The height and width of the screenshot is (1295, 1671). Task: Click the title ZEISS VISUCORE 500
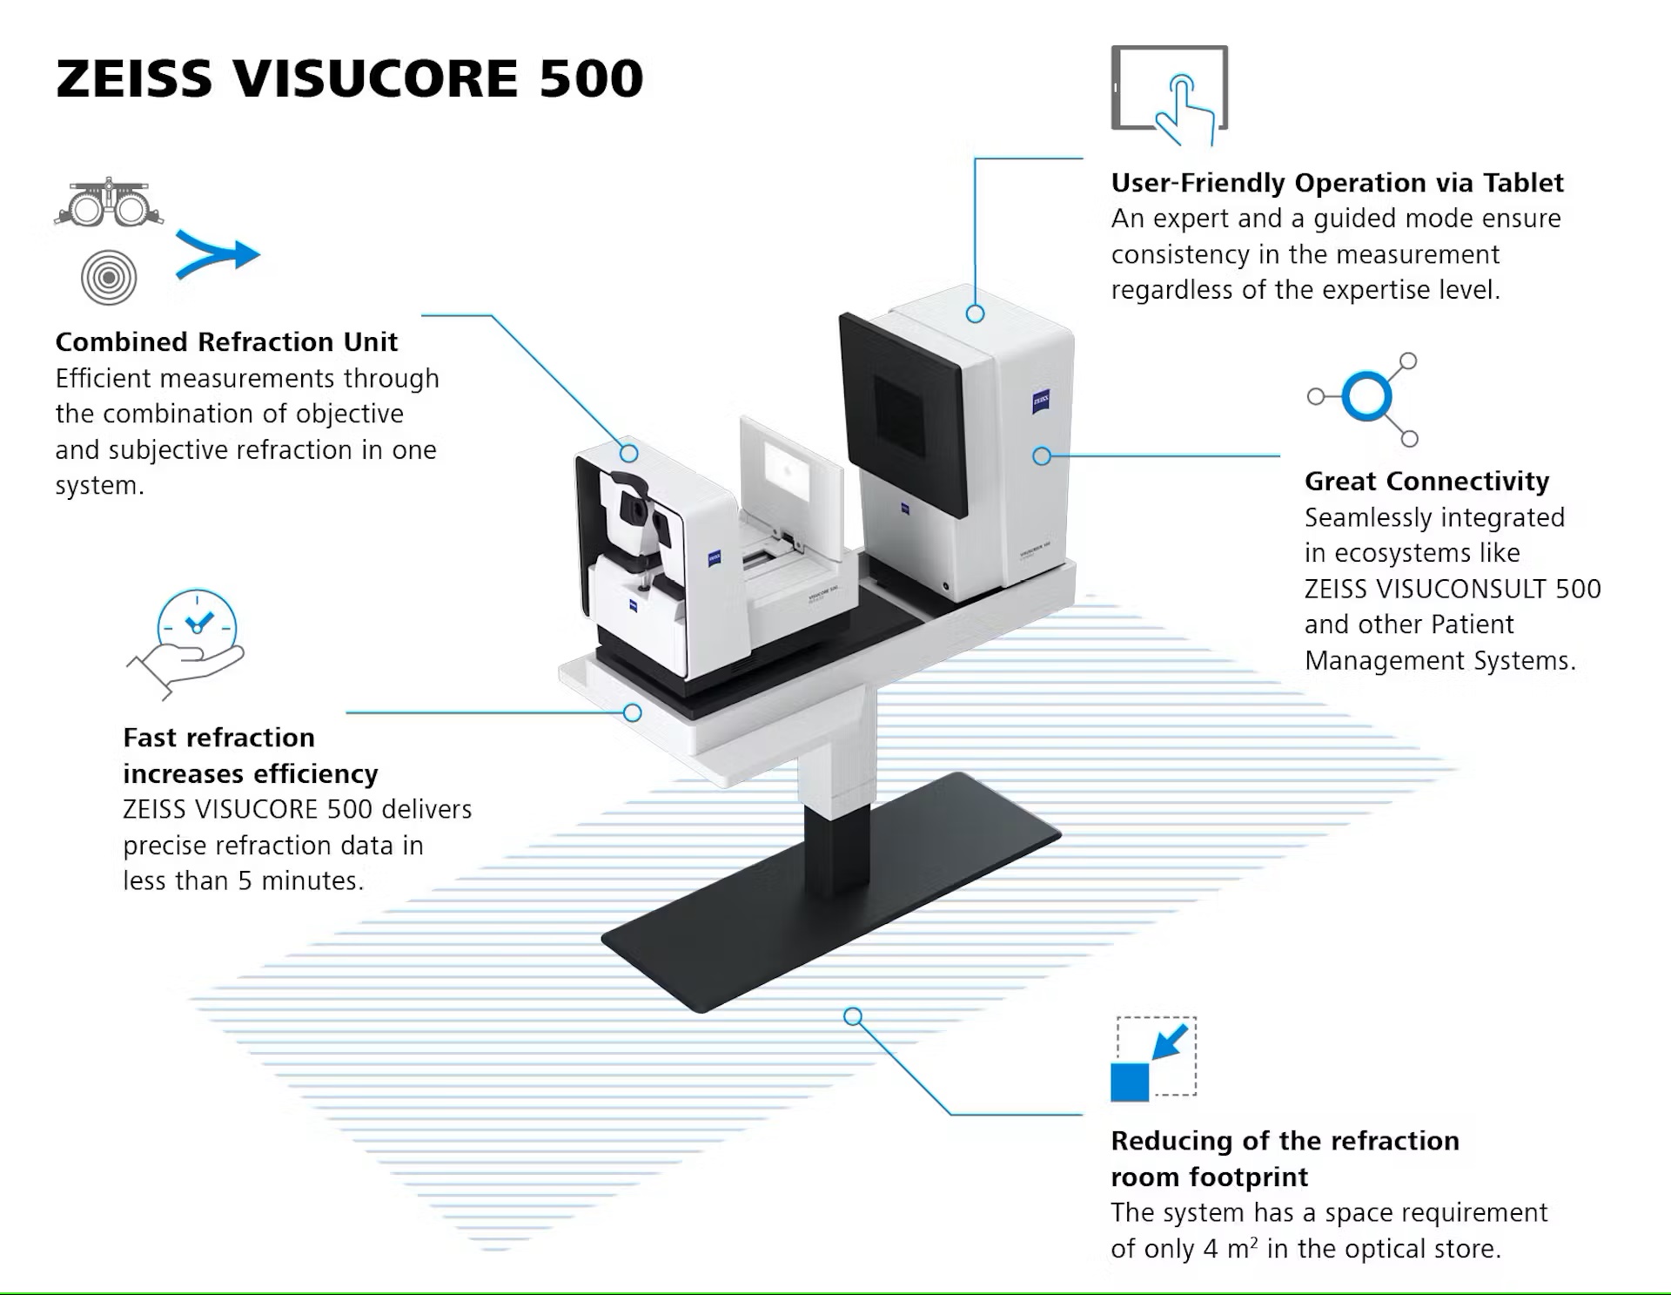(x=349, y=78)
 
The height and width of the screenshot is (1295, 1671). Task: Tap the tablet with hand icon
(x=1169, y=94)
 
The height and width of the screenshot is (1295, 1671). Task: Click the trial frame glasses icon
(x=109, y=203)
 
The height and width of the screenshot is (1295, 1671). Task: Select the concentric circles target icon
(x=109, y=278)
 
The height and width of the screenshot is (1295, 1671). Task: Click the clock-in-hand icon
(x=187, y=643)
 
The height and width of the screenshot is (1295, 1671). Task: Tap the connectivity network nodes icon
(x=1366, y=398)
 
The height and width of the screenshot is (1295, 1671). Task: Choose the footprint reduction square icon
(x=1153, y=1059)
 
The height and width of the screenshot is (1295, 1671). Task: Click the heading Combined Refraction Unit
(x=226, y=341)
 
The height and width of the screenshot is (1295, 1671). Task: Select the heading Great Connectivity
(x=1426, y=481)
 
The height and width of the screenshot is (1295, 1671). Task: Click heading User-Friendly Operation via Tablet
(x=1337, y=183)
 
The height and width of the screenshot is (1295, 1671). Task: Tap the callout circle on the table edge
(x=633, y=713)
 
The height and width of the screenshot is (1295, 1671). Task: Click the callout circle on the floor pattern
(x=853, y=1016)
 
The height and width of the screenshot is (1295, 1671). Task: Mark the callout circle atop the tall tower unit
(x=975, y=314)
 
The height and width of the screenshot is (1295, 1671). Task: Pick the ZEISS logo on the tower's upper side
(x=1041, y=401)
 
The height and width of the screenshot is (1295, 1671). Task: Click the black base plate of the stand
(x=827, y=914)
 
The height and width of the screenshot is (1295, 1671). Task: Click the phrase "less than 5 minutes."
(x=243, y=881)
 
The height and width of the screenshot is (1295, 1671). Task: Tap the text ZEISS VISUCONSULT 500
(x=1452, y=589)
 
